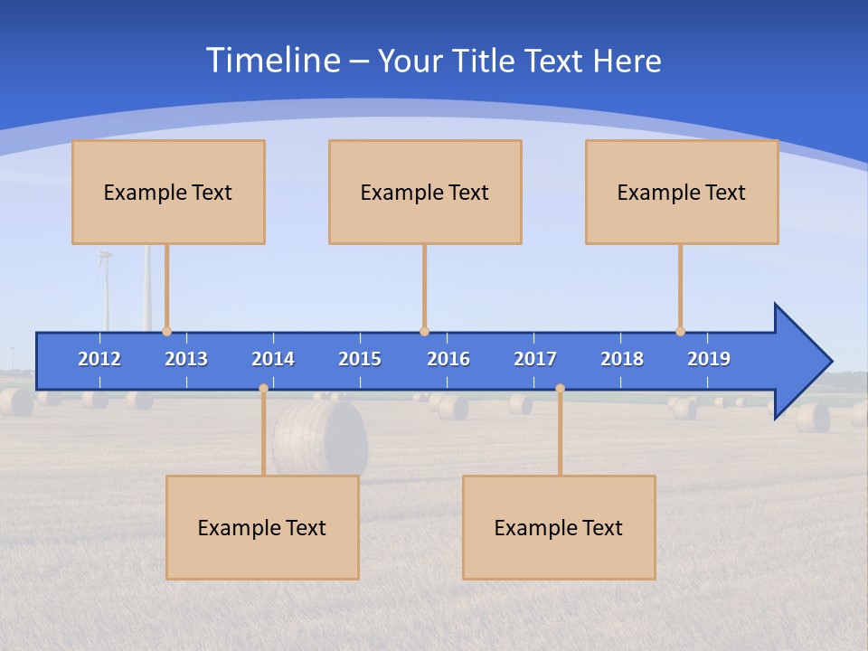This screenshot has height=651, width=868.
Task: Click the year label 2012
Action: point(99,359)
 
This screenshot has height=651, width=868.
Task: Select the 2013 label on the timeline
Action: point(186,359)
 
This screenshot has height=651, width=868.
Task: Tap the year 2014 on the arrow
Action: point(273,359)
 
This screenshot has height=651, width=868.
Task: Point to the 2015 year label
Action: point(360,359)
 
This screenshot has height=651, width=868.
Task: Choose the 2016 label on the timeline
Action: point(448,359)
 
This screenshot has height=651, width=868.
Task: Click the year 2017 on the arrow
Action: point(535,359)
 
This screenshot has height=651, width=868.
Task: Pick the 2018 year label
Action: point(622,359)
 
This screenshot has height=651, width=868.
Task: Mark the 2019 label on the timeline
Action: point(709,359)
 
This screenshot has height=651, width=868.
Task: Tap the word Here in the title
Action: point(627,61)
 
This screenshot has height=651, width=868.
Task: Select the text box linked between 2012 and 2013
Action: point(168,192)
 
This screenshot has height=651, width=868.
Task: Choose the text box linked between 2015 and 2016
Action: point(425,192)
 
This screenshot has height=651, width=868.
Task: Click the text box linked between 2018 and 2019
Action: point(682,192)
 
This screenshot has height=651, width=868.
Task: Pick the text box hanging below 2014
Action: point(262,527)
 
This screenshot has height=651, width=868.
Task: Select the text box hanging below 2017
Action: point(559,527)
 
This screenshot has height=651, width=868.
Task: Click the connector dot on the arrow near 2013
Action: point(167,331)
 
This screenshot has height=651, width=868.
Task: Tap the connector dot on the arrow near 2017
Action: point(560,389)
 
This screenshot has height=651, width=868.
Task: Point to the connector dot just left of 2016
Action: point(424,331)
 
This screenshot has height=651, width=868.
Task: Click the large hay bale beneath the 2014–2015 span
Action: point(321,438)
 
